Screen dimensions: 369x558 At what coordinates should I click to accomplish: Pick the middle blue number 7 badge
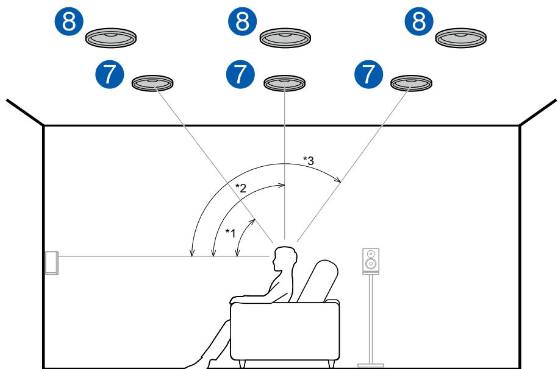(x=241, y=73)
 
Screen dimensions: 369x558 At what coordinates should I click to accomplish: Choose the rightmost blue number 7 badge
(x=368, y=73)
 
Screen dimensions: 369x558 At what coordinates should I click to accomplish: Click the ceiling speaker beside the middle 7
(x=285, y=83)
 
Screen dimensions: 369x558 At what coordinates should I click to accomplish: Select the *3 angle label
(x=309, y=160)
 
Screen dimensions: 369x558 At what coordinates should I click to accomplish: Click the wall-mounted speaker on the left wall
(x=52, y=262)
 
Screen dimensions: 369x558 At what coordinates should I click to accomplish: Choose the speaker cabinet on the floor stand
(x=370, y=260)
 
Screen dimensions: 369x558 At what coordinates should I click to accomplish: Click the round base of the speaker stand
(x=370, y=365)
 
